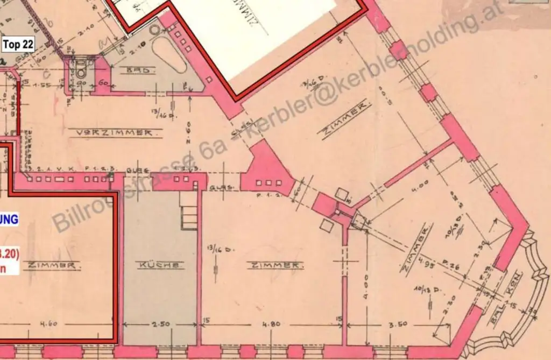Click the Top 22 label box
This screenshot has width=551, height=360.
click(x=18, y=45)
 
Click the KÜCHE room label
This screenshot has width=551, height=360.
click(x=160, y=265)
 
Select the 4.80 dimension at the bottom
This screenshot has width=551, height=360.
click(x=271, y=324)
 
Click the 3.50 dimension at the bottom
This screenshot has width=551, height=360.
click(x=399, y=324)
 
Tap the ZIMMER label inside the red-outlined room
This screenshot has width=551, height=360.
click(x=52, y=265)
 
